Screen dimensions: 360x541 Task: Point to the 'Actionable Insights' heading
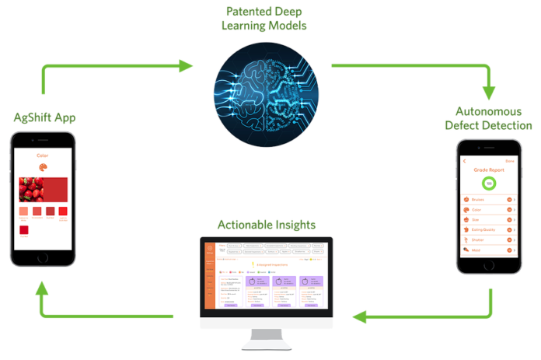(x=267, y=225)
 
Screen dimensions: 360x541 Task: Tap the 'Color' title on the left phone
(x=43, y=156)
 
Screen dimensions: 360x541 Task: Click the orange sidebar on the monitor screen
(x=210, y=276)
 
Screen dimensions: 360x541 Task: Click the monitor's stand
(x=267, y=336)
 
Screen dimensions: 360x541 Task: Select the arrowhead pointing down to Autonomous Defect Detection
(x=489, y=93)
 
